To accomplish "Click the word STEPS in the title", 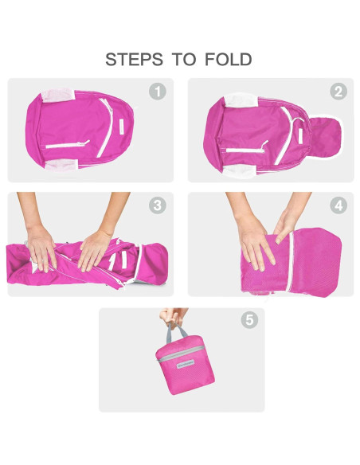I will point(131,60).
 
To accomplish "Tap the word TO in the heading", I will point(180,60).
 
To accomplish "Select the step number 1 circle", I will point(158,92).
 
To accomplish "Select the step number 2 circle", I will point(338,92).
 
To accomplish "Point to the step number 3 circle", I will point(158,205).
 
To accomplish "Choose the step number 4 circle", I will point(338,205).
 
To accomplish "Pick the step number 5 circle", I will point(249,320).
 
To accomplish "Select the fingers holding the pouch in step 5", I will point(174,317).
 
